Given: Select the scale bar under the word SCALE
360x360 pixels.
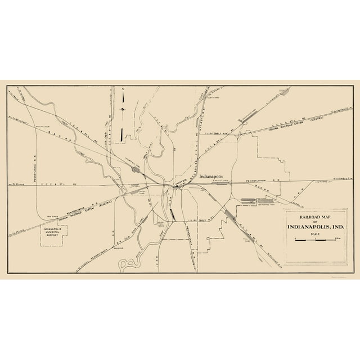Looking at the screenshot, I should [x=315, y=240].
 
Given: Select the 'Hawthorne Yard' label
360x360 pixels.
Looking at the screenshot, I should [x=264, y=205].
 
